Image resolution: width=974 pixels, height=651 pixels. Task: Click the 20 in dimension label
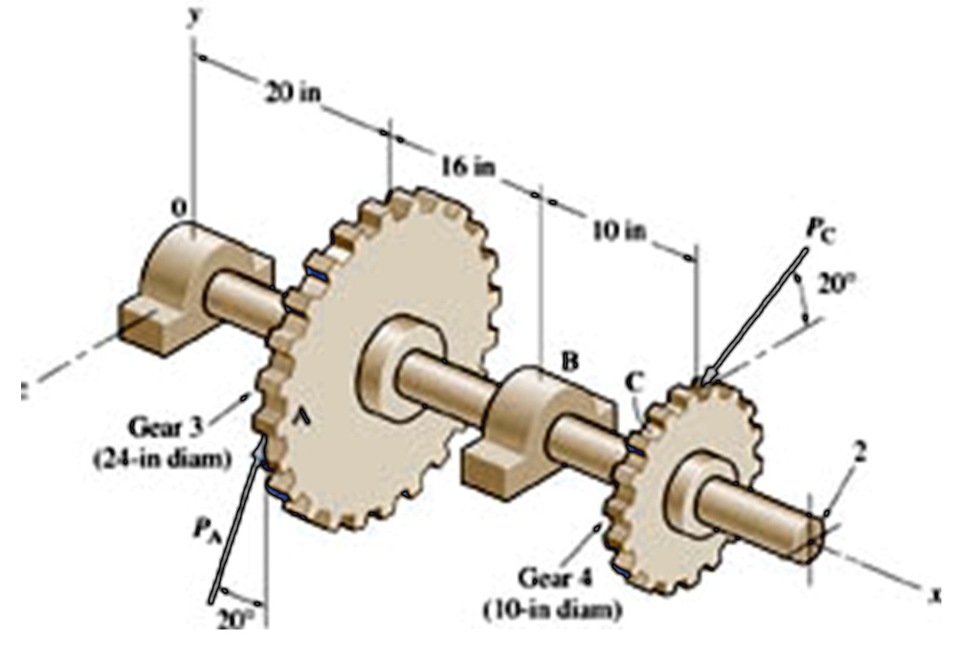(294, 93)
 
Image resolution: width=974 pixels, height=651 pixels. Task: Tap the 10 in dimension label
(618, 232)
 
